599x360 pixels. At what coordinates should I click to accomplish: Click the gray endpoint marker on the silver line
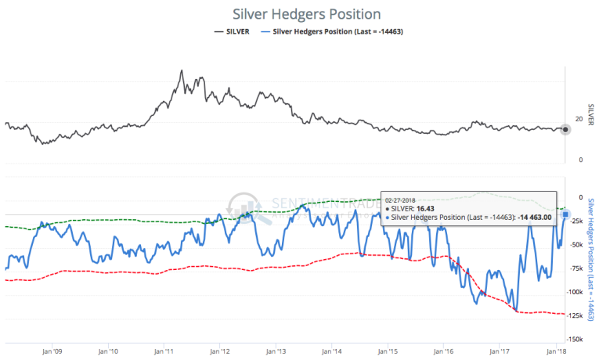pyautogui.click(x=565, y=129)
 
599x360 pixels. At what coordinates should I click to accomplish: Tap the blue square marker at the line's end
pyautogui.click(x=565, y=214)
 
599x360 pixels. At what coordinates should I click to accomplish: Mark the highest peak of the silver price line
pyautogui.click(x=182, y=71)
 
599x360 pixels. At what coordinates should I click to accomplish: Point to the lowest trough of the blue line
pyautogui.click(x=516, y=310)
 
